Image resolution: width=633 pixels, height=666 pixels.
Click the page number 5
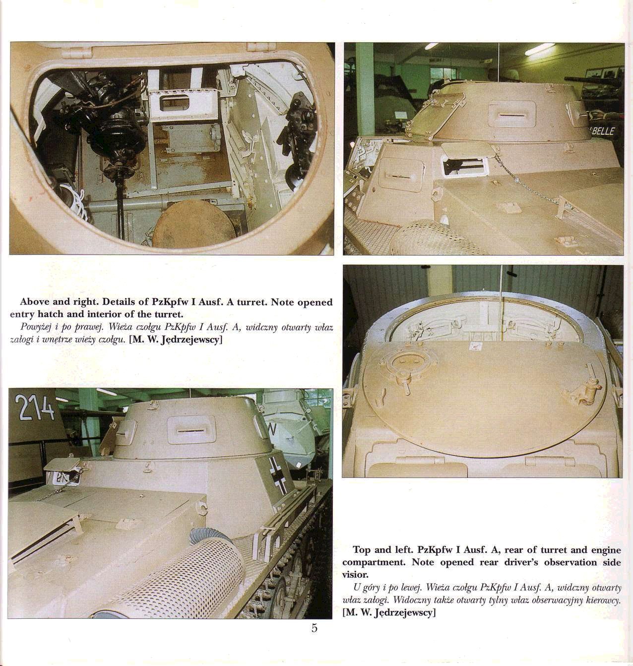coord(315,628)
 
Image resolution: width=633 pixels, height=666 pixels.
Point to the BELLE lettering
coord(604,131)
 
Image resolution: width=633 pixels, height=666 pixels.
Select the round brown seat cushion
coord(193,224)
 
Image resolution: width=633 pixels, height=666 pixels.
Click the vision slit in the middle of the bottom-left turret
coord(191,431)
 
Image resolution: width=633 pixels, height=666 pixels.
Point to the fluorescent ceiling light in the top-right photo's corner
coord(540,49)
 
